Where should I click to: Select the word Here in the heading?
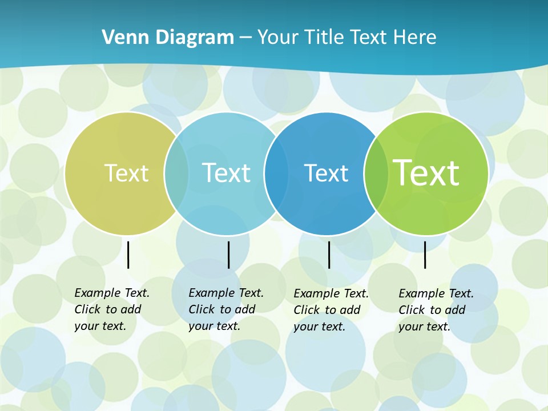tap(414, 38)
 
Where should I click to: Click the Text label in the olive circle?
tap(126, 173)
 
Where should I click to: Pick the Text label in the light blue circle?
tap(226, 173)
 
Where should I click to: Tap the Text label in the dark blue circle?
tap(326, 173)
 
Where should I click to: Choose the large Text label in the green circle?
tap(426, 172)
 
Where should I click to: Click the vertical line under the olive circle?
tap(128, 255)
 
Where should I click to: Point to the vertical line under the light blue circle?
tap(228, 255)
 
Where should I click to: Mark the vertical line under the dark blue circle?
tap(329, 255)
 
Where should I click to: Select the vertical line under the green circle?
tap(425, 255)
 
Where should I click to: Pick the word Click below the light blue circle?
tap(202, 309)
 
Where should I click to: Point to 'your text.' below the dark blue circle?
tap(320, 327)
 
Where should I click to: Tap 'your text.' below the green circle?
tap(425, 327)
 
